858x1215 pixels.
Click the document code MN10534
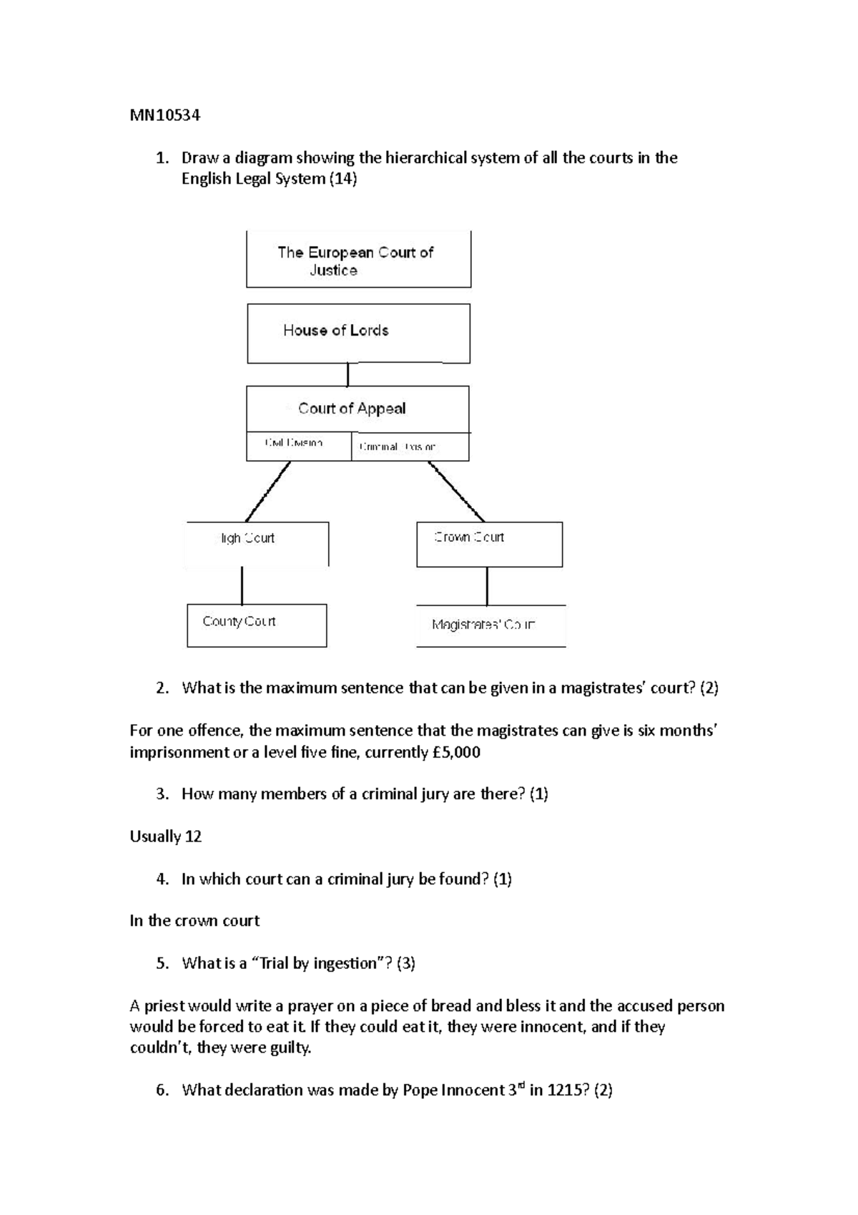click(x=165, y=115)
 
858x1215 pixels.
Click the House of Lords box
click(x=358, y=333)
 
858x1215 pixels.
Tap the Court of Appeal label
click(x=352, y=409)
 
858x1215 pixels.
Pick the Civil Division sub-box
click(x=298, y=446)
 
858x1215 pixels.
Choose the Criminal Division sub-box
click(x=410, y=447)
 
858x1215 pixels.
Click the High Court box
click(x=257, y=544)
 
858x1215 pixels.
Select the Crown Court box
click(x=489, y=544)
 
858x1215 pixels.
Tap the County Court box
click(x=257, y=625)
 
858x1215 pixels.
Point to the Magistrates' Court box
click(x=490, y=625)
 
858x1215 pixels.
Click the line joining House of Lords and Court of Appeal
click(x=348, y=374)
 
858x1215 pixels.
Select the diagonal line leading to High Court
click(x=268, y=492)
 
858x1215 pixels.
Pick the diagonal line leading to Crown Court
click(x=456, y=492)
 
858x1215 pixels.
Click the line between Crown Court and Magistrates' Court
click(x=487, y=586)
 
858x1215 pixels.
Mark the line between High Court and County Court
click(x=242, y=585)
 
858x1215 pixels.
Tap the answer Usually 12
click(x=166, y=836)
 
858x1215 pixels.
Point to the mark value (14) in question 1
click(x=342, y=179)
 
